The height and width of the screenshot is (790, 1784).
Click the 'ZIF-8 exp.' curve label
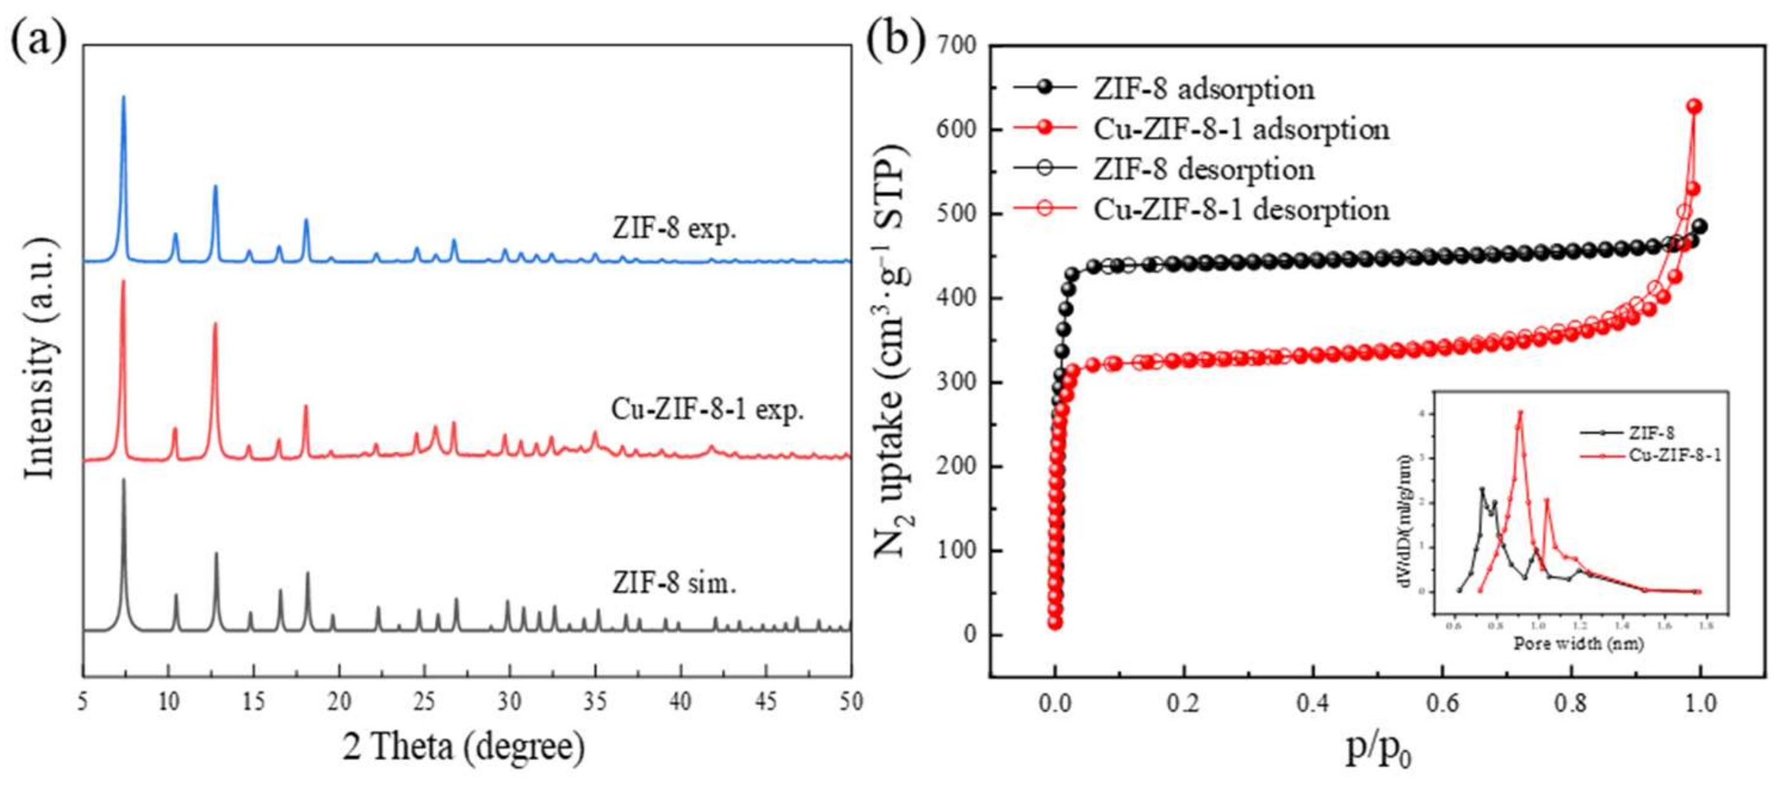674,228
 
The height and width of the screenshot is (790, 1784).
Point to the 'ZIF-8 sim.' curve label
674,583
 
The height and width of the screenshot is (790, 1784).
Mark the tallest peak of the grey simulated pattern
124,480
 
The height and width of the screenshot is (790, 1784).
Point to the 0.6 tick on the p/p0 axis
1442,704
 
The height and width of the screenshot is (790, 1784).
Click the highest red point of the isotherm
1694,107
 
